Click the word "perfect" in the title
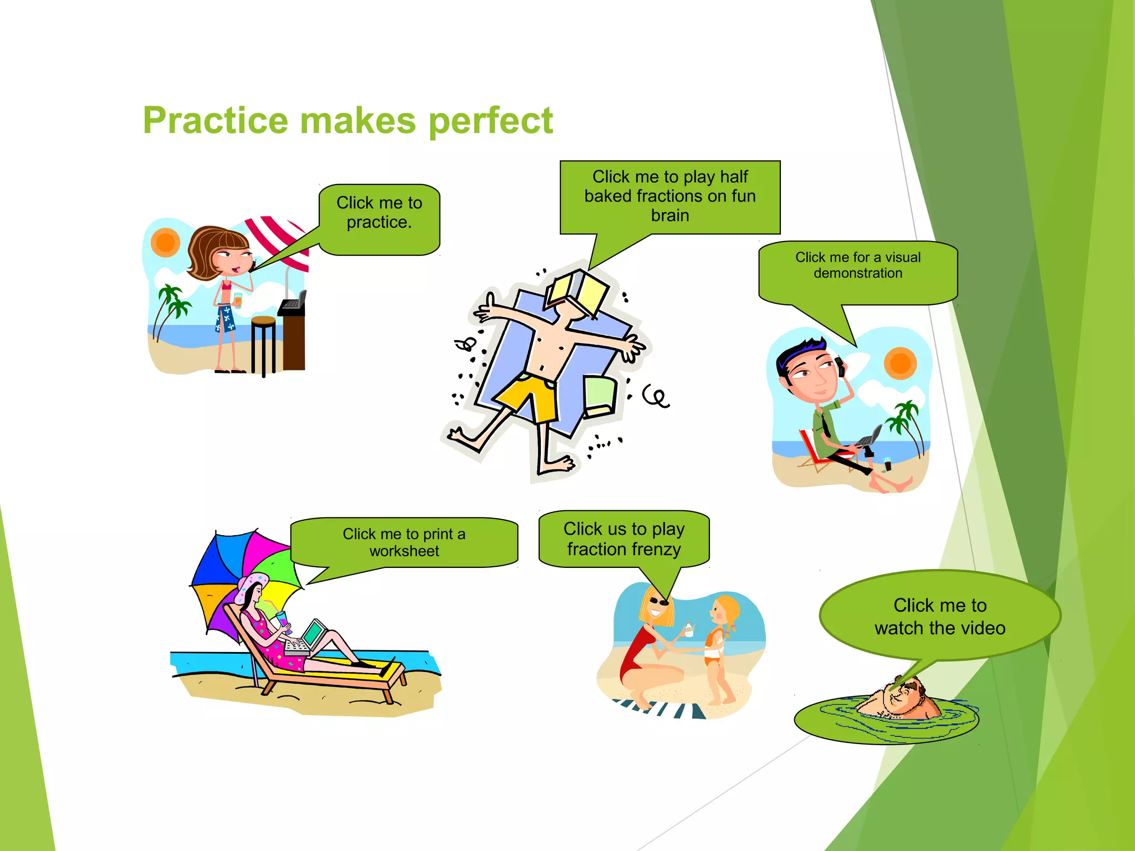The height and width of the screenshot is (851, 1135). tap(491, 121)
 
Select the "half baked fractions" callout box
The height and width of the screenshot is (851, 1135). tap(670, 197)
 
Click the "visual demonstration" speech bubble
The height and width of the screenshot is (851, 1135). tap(858, 271)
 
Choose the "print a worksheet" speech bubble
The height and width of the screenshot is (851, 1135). tap(404, 542)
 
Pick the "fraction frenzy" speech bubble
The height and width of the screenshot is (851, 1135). tap(624, 539)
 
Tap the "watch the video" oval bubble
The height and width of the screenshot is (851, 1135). tap(940, 616)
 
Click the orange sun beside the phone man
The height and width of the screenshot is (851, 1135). tap(900, 363)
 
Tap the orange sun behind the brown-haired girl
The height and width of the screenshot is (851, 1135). tap(165, 243)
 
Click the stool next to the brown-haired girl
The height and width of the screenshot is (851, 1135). tap(263, 344)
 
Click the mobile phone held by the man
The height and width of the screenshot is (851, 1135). tap(840, 366)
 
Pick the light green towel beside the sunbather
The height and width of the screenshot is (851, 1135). tap(600, 396)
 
